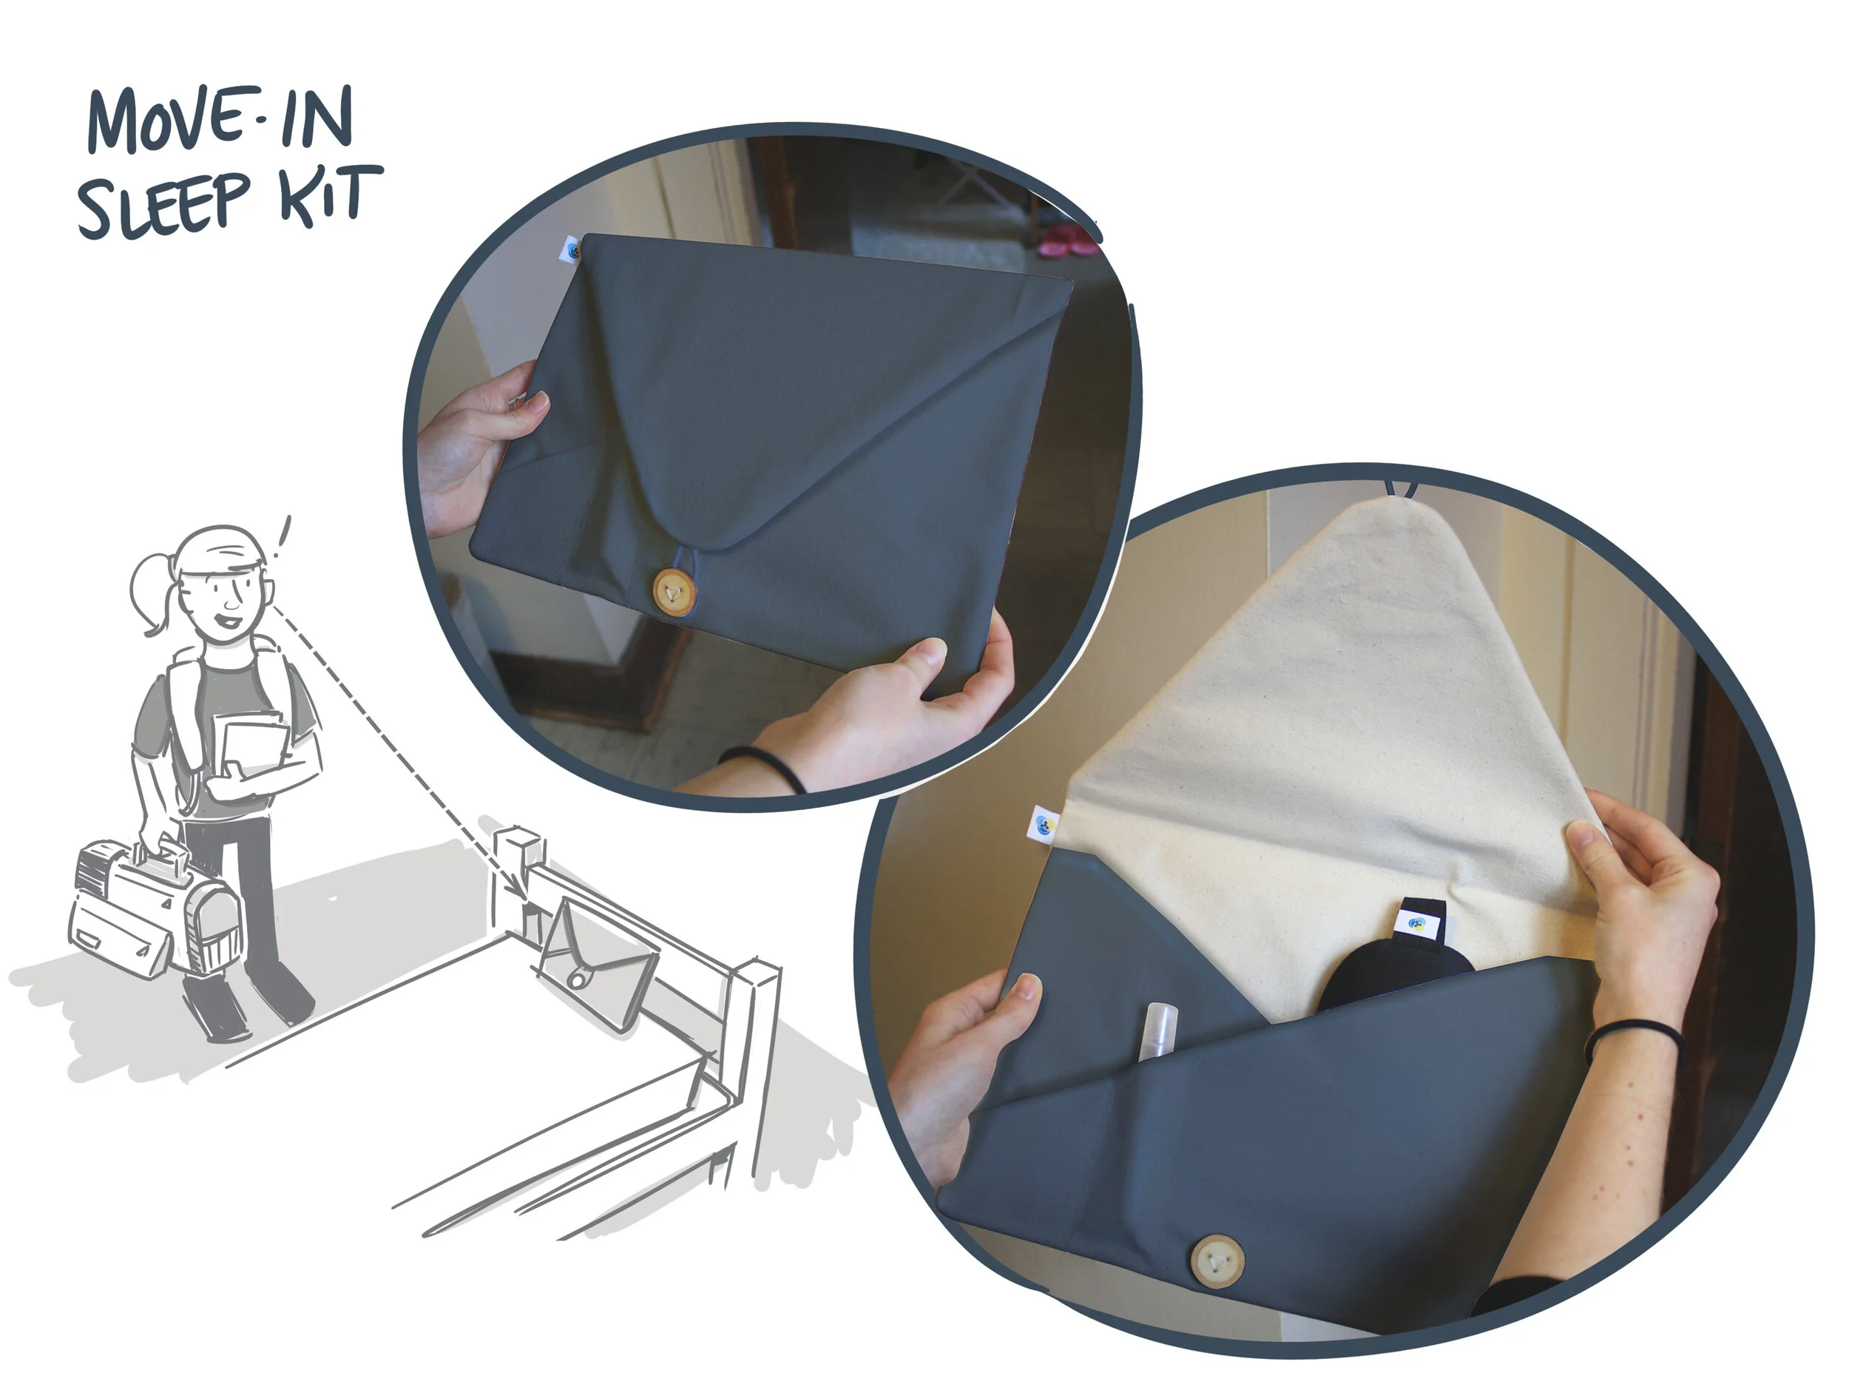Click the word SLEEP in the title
[x=164, y=204]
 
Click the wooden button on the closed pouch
[x=674, y=593]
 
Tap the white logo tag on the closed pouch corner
[x=571, y=250]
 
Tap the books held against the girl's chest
[x=250, y=746]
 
